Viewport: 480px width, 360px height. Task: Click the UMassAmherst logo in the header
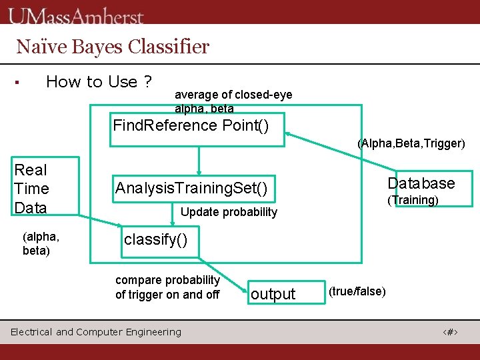77,15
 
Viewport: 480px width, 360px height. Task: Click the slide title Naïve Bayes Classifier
113,47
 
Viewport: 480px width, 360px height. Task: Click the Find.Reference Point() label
191,125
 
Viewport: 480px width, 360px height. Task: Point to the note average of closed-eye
233,95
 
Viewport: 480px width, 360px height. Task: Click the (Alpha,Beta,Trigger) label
411,143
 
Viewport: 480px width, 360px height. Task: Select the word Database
421,183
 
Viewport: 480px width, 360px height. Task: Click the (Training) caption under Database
413,200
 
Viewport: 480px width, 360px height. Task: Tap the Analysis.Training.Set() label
191,189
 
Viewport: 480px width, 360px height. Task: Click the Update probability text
229,212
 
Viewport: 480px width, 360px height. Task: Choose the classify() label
160,239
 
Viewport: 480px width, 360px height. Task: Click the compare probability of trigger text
167,287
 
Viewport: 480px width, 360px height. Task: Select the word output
273,294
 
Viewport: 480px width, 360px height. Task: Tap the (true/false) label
357,291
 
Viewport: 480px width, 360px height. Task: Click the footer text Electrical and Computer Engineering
96,332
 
